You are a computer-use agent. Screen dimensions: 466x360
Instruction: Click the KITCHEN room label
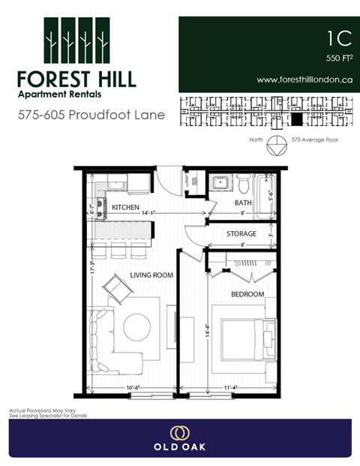pos(125,206)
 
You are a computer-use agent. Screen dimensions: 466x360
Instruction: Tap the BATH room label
pos(243,203)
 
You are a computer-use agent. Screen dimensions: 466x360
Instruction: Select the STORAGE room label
pos(241,234)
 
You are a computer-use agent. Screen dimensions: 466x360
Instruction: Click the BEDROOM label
pos(247,294)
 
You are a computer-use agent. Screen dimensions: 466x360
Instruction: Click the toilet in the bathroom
pos(242,182)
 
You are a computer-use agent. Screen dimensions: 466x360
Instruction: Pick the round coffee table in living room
pos(137,326)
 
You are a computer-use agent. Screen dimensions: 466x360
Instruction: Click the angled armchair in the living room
pos(118,287)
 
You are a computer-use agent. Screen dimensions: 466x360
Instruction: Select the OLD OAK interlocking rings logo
pos(179,432)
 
